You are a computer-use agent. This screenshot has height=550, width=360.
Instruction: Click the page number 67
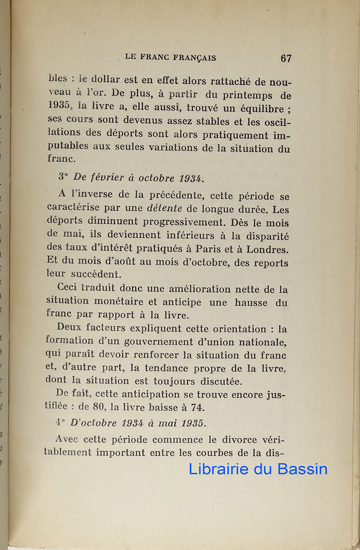(x=286, y=58)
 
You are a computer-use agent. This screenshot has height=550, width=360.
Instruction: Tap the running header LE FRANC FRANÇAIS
(x=171, y=58)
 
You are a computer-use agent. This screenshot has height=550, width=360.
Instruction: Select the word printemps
(x=248, y=96)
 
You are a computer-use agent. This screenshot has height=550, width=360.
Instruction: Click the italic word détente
(x=165, y=208)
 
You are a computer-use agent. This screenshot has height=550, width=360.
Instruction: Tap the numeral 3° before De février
(x=63, y=177)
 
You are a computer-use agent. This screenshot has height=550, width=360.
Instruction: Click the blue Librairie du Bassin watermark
(x=258, y=469)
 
